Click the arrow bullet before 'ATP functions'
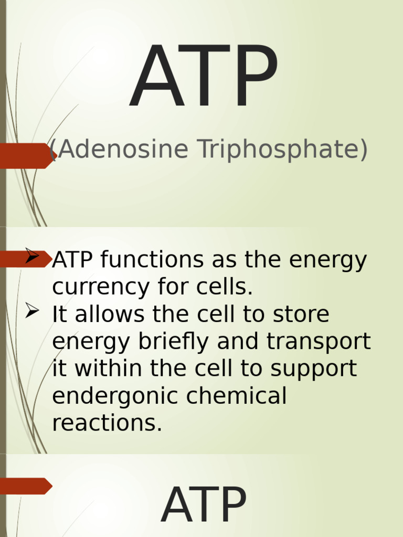[x=32, y=257]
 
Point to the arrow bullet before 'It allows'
[x=32, y=312]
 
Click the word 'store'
[x=301, y=315]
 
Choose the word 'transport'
[x=319, y=342]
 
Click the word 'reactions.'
[x=107, y=424]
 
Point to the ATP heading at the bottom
[x=204, y=507]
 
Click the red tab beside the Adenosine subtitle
[x=25, y=155]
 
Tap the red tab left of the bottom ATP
[x=25, y=486]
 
